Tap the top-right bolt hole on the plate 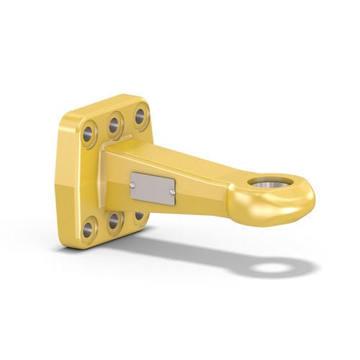click(x=140, y=116)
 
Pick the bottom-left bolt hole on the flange click(x=88, y=230)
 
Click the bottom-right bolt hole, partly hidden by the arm click(x=138, y=215)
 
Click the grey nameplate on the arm click(x=153, y=188)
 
